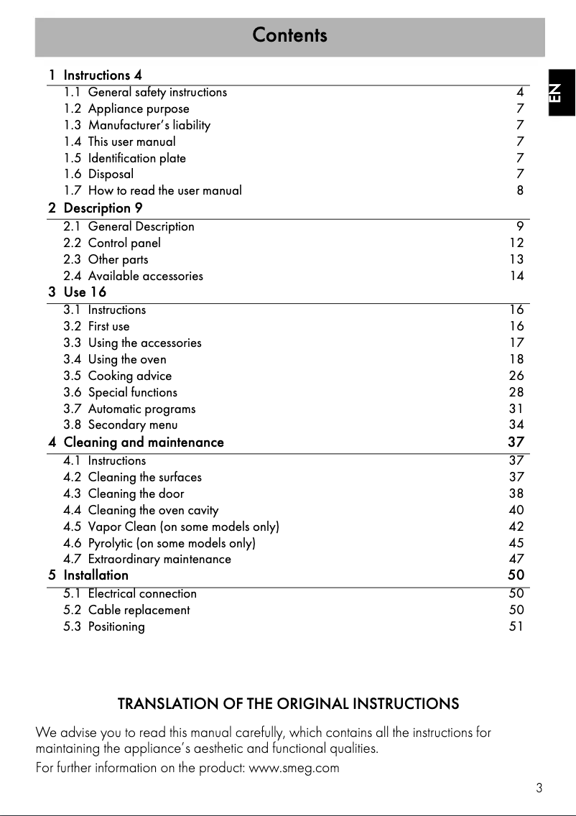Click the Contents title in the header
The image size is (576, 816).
coord(289,35)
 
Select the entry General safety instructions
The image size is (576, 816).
coord(157,92)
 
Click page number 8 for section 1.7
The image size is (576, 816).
coord(520,190)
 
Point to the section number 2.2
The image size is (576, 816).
coord(72,243)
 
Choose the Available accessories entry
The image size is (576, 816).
coord(145,276)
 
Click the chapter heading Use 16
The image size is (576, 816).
coord(85,292)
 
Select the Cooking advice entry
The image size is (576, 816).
coord(129,376)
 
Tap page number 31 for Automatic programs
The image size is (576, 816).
coord(516,409)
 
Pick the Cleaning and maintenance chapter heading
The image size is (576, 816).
coord(144,442)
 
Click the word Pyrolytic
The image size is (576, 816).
coord(110,543)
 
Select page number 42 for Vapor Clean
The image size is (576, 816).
coord(516,527)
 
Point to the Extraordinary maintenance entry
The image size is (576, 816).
coord(159,559)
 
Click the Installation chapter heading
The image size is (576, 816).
coord(96,575)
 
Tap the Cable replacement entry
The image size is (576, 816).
coord(139,610)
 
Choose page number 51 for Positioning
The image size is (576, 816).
coord(516,626)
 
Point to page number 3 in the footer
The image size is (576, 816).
coord(539,788)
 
